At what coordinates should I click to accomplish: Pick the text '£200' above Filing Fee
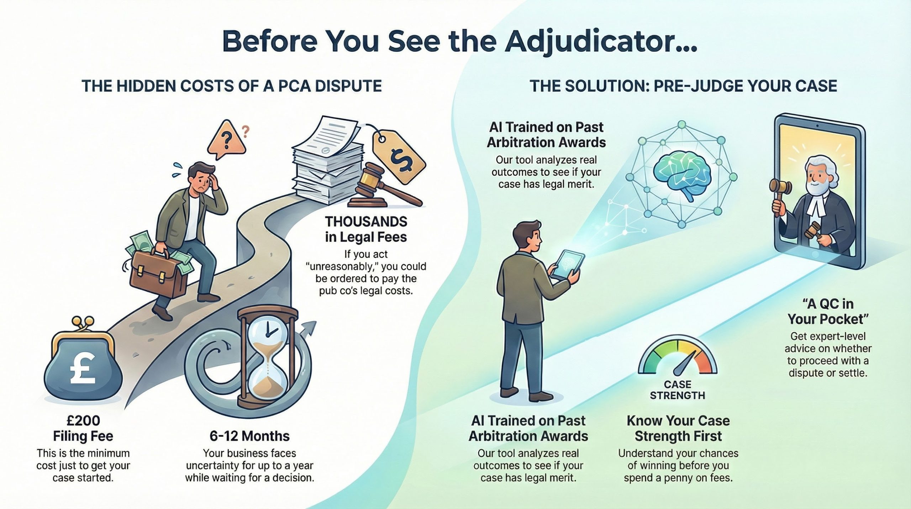coord(83,421)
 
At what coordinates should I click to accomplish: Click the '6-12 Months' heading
coord(249,436)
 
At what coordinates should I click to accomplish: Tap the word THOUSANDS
coord(366,222)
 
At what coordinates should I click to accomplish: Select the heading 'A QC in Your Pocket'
coord(828,311)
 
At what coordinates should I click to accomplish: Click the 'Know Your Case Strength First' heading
coord(678,428)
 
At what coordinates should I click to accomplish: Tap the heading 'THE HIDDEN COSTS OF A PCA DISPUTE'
coord(232,87)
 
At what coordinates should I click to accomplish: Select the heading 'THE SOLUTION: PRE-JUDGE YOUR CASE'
coord(683,87)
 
